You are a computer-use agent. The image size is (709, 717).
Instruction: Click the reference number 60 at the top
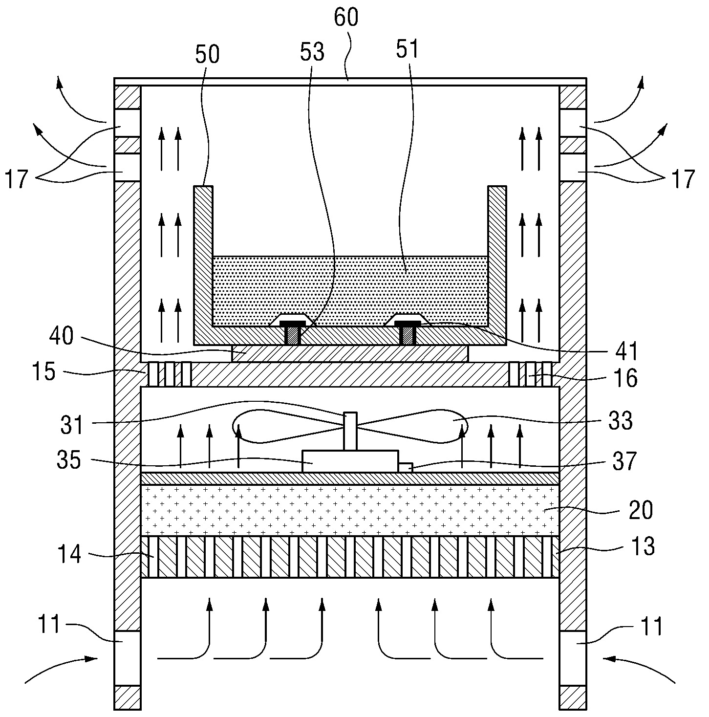pos(346,18)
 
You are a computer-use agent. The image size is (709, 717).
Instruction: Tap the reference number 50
pos(207,54)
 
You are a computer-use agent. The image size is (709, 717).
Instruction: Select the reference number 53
pos(312,52)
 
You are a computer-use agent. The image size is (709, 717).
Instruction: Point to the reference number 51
pos(407,49)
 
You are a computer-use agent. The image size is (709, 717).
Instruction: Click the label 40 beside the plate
pos(62,336)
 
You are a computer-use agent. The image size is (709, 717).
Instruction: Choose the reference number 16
pos(625,378)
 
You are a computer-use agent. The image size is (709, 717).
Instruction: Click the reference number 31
pos(72,425)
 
